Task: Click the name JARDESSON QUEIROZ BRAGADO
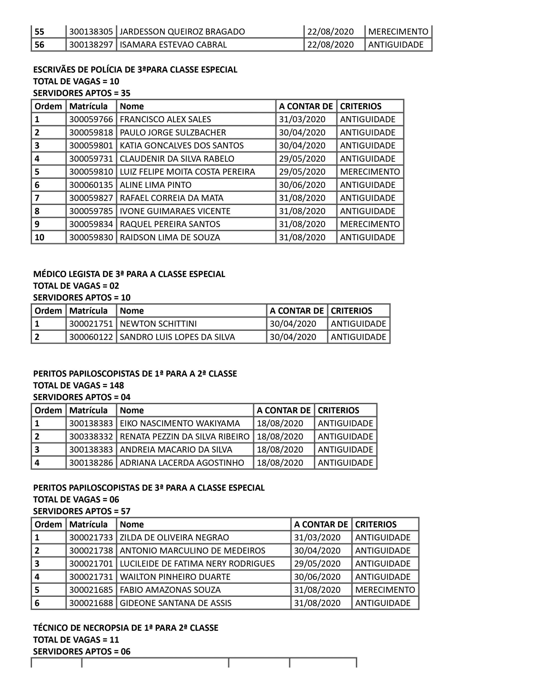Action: (182, 32)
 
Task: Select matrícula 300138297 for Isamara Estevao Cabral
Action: (91, 45)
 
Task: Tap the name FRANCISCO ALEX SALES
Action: (165, 119)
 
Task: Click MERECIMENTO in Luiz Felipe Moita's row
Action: (370, 172)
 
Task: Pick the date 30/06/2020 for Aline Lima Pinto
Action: (302, 185)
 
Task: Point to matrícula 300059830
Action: (91, 237)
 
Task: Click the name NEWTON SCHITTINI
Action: (158, 324)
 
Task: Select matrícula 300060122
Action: (91, 337)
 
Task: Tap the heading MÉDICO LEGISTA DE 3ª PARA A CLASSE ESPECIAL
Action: (129, 274)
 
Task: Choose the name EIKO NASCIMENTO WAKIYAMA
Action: (180, 423)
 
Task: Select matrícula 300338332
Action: (91, 437)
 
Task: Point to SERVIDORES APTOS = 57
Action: (81, 511)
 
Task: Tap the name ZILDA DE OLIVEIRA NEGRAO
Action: (174, 537)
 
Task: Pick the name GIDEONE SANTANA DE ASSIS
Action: (175, 603)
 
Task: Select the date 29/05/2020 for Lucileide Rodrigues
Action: (317, 564)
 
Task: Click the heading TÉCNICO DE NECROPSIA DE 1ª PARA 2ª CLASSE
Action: (126, 628)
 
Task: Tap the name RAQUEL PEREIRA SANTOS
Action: (170, 224)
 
